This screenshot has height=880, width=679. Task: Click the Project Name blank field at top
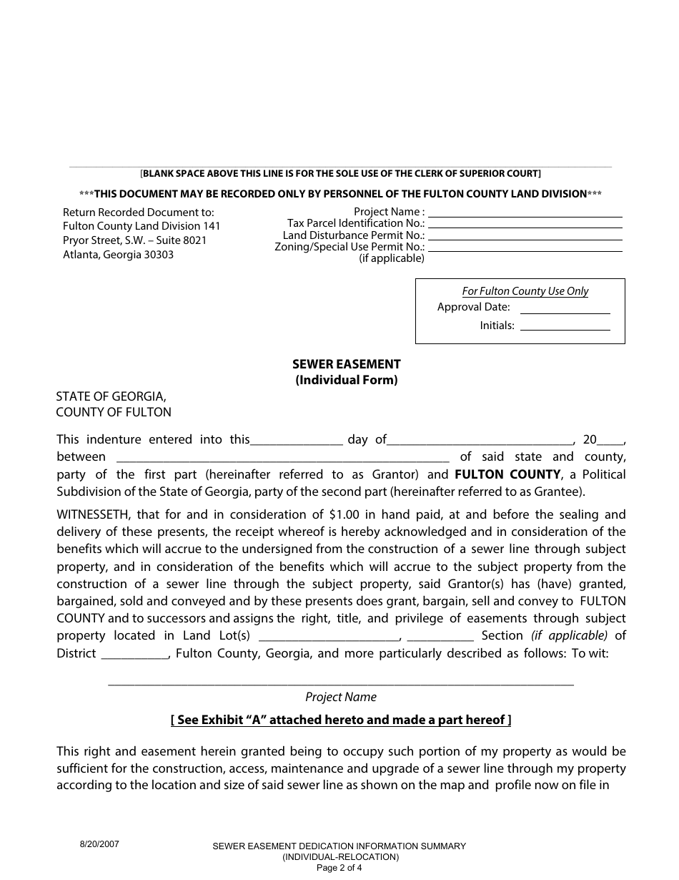(525, 212)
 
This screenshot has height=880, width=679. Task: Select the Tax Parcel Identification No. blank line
(525, 224)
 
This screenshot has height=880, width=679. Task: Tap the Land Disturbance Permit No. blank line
(525, 235)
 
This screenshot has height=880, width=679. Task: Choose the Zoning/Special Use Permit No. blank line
(525, 247)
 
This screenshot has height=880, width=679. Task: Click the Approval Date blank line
(565, 308)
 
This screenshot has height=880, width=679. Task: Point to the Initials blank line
(565, 326)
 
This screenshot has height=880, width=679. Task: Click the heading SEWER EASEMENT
(347, 364)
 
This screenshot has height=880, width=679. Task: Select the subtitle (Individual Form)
(347, 381)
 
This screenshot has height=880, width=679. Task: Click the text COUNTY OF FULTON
(114, 412)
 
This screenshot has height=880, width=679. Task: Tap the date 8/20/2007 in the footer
(99, 844)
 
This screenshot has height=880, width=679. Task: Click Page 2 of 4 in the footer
(339, 869)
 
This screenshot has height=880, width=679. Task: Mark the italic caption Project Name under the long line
(341, 697)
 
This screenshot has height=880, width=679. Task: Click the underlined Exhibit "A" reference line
(341, 720)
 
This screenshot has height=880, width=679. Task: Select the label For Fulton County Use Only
(525, 291)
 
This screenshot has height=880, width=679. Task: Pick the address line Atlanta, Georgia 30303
(118, 255)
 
